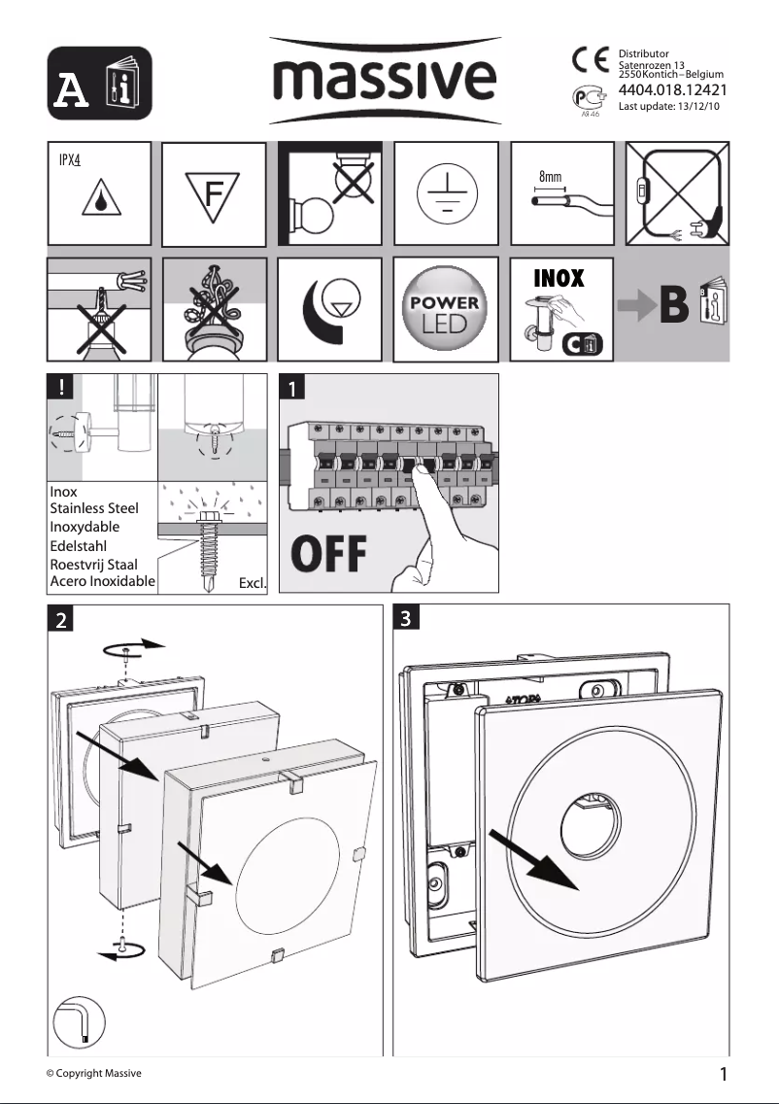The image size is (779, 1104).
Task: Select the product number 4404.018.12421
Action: coord(673,92)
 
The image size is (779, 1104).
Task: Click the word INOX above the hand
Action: coord(559,279)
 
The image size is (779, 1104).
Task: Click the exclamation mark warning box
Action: coord(61,386)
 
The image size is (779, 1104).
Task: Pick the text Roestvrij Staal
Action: coord(93,564)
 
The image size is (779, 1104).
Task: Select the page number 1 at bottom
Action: coord(724,1074)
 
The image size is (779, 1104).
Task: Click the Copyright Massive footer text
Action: coord(94,1073)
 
